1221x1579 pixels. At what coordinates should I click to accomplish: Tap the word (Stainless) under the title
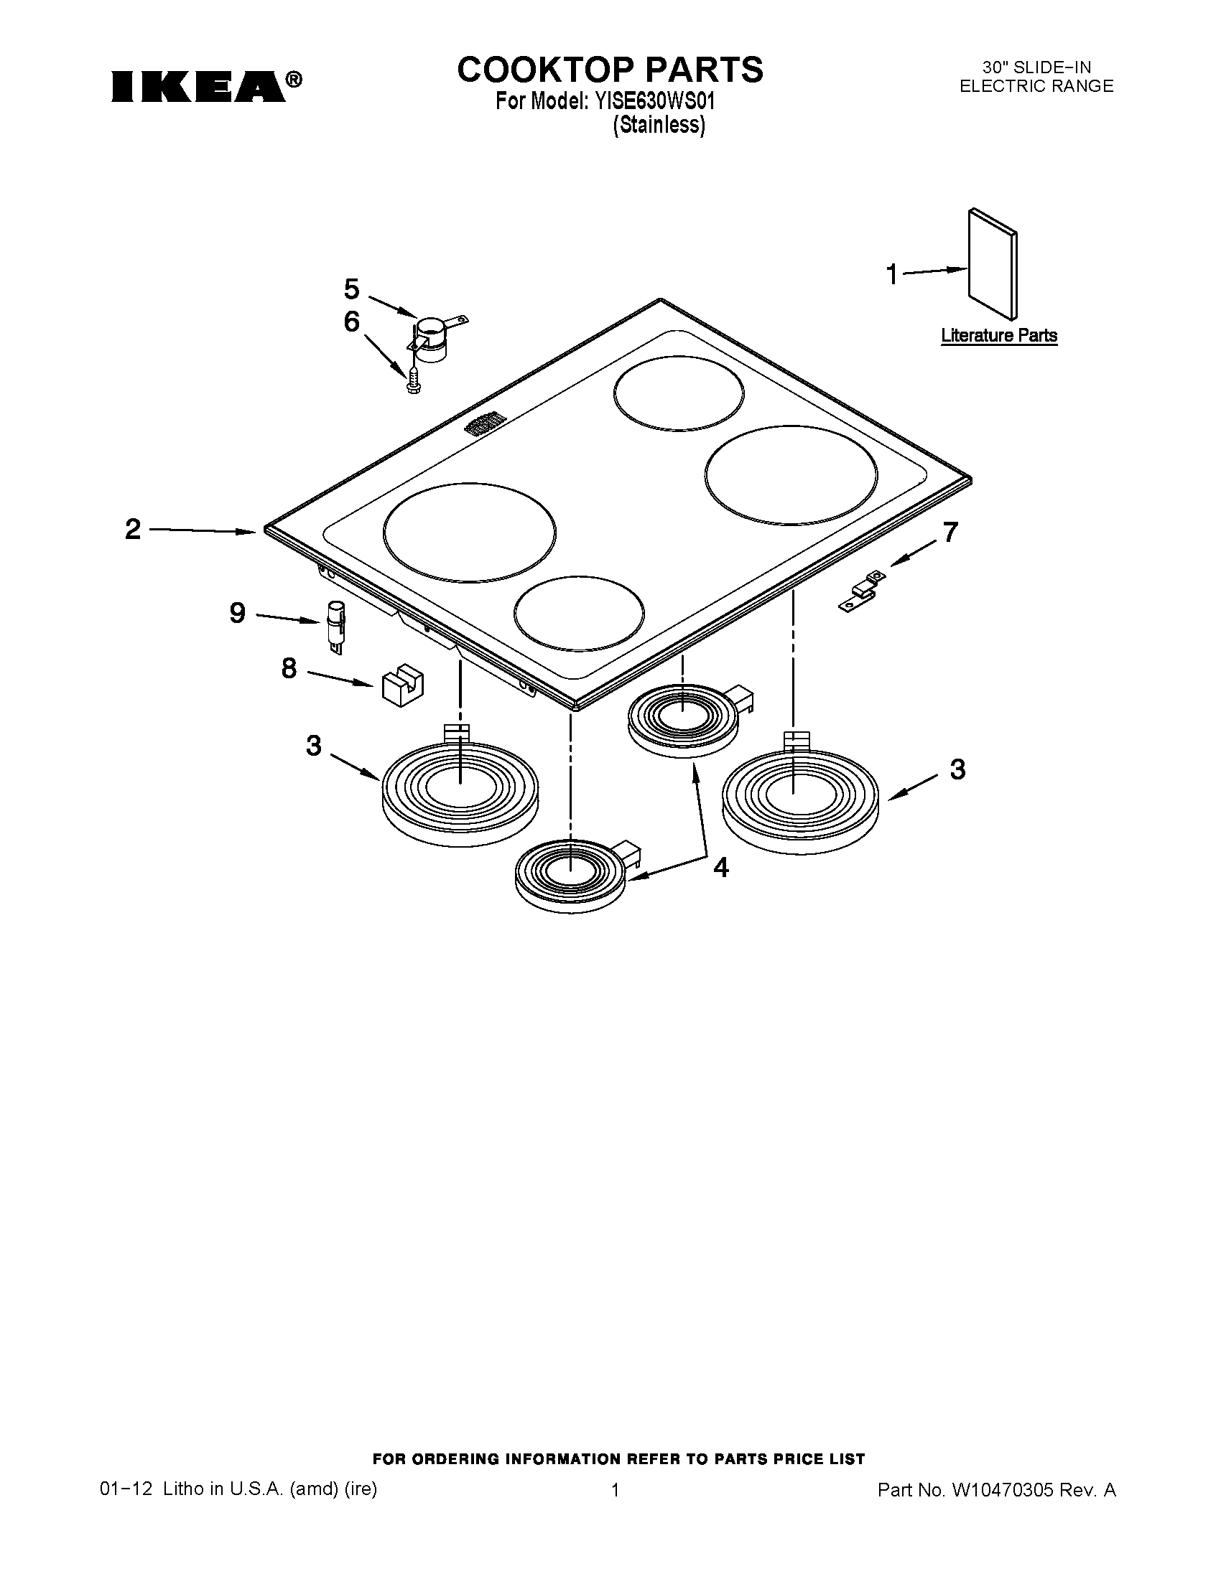pos(658,125)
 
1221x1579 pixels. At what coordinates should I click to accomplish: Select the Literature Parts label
pos(999,335)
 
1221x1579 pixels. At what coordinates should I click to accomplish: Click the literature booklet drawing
pos(993,265)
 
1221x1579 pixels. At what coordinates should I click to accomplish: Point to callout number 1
pos(893,275)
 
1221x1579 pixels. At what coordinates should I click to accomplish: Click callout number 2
pos(133,530)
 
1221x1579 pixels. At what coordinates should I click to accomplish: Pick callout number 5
pos(351,289)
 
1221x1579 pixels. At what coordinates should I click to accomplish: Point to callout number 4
pos(720,867)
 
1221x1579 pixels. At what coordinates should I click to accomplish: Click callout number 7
pos(950,532)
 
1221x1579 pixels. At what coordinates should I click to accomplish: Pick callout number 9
pos(238,613)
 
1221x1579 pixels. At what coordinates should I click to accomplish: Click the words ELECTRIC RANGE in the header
pos(1036,86)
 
